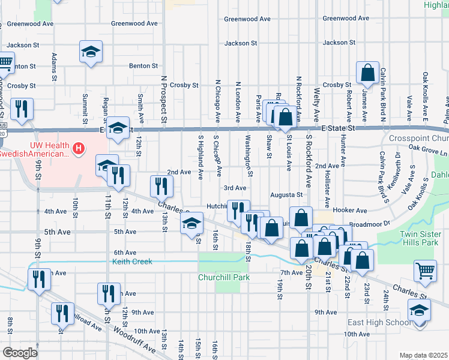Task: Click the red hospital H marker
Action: point(77,148)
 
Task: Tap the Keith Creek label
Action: point(133,262)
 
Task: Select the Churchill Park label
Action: point(224,277)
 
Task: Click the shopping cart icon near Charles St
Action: point(425,271)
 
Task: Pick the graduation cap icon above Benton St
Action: point(91,52)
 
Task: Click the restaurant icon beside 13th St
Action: point(160,187)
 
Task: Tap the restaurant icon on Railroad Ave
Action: point(62,315)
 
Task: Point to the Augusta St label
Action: point(286,195)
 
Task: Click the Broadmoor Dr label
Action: point(369,223)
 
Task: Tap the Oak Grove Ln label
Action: point(427,152)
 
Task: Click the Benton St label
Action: point(143,66)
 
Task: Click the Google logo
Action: point(20,353)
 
